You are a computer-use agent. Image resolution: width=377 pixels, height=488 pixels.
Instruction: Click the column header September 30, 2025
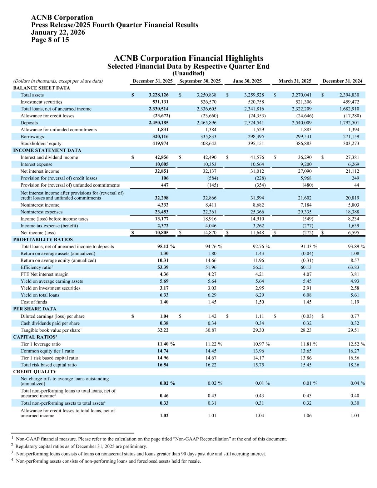pos(200,81)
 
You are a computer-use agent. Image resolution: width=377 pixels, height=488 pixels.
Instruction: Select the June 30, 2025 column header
pos(247,81)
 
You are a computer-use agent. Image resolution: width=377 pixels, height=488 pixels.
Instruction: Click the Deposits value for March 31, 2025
pos(302,123)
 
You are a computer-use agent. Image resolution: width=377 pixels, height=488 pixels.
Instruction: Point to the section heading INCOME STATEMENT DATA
pos(47,151)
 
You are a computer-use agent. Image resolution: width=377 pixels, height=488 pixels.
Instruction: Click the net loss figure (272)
pos(307,233)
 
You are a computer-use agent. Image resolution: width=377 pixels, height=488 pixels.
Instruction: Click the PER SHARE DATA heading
pos(35,309)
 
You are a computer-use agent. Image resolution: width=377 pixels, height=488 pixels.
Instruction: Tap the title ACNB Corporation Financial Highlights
pos(188,58)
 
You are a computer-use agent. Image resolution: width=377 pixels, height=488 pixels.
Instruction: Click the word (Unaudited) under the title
pos(188,73)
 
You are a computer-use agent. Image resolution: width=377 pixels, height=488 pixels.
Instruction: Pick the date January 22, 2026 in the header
pos(58,33)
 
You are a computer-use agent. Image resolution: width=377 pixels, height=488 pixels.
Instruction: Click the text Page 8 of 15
pos(50,40)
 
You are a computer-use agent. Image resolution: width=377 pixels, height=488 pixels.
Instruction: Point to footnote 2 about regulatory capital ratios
pos(81,447)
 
